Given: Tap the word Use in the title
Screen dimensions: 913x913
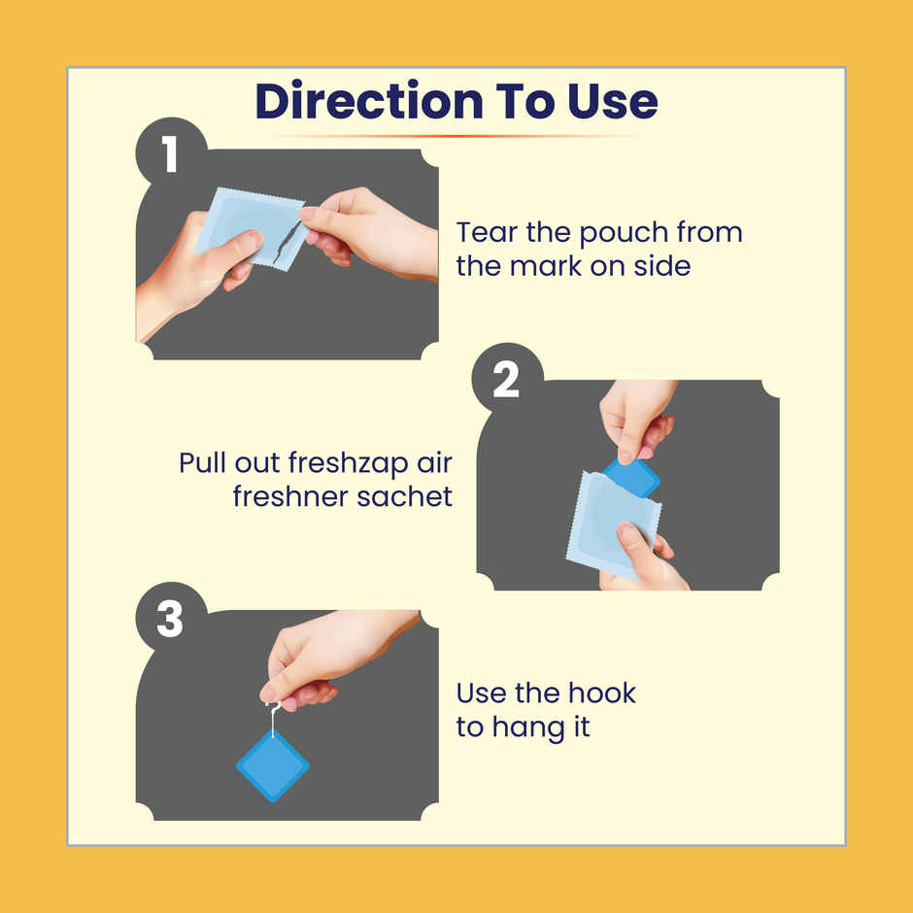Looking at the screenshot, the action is (x=613, y=101).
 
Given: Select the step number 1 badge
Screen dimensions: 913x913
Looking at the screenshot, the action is (x=171, y=153).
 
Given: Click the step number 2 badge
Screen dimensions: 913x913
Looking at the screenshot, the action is (x=507, y=379).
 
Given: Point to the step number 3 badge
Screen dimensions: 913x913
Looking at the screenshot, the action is (x=171, y=618).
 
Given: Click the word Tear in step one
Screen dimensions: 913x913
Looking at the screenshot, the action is (x=487, y=232).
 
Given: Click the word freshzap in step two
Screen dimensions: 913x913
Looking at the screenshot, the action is (x=348, y=464).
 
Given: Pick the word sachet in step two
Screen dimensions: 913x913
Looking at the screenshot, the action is (x=404, y=496).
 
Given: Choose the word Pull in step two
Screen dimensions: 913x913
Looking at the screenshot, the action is (x=202, y=463).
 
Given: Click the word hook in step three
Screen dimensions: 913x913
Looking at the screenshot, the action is (x=602, y=693).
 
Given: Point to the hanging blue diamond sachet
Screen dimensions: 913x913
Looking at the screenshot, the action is (x=273, y=766).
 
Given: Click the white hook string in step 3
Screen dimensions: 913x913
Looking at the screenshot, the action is (x=273, y=720).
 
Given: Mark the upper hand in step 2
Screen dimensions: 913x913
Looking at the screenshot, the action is (x=637, y=420).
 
